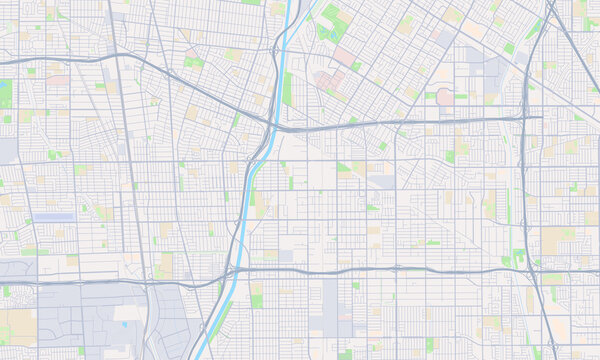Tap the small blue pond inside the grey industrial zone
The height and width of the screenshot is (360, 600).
(123, 323)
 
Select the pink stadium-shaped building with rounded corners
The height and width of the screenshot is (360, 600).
(445, 96)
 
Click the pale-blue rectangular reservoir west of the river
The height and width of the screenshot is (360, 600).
(54, 217)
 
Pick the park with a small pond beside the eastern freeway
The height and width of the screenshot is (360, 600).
(518, 256)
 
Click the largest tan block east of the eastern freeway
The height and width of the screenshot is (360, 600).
(557, 240)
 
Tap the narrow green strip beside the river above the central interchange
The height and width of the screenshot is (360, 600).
(287, 90)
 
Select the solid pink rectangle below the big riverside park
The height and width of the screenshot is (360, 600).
(344, 56)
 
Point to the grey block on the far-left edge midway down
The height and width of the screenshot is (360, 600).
(8, 150)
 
